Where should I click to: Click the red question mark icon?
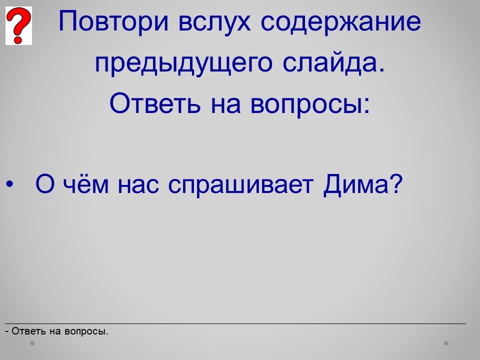coord(18,25)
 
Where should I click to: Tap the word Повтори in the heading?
coord(113,21)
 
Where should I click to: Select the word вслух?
coord(214,22)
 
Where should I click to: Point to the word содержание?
coord(340,21)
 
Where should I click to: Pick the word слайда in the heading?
coord(333,63)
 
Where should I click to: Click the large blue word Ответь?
coord(155,103)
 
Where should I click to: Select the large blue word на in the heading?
coord(226,104)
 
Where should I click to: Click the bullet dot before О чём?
coord(10,184)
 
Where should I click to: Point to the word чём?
coord(85,184)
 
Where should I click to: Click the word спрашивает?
coord(241,185)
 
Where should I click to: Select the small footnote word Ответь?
coord(29,331)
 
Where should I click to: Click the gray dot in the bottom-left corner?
coord(32,343)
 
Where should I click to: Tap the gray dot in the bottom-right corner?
coord(446,343)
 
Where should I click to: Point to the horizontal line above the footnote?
coord(235,323)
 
